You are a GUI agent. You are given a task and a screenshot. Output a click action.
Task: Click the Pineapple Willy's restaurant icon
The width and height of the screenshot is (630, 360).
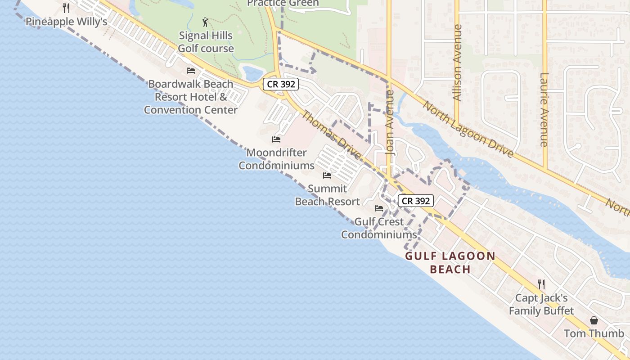tap(66, 8)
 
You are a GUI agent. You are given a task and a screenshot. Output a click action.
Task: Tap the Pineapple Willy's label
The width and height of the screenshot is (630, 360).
tap(66, 22)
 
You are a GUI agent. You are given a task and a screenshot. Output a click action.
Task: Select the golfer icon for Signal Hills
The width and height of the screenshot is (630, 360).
tap(206, 22)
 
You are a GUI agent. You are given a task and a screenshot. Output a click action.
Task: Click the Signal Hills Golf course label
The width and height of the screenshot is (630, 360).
tap(206, 42)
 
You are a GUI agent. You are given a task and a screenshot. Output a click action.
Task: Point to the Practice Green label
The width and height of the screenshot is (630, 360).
tap(283, 3)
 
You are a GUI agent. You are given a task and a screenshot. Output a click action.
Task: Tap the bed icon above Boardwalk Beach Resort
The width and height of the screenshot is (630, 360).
tap(191, 71)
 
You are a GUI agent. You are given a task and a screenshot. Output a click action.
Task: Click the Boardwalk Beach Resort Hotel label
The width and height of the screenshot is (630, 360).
tap(191, 97)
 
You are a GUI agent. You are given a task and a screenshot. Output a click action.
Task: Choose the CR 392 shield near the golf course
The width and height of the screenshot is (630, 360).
tap(281, 84)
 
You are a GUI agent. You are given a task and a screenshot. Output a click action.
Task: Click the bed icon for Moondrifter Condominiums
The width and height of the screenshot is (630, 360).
tap(276, 139)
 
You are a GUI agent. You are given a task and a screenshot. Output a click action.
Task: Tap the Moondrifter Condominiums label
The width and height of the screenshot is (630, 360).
tap(276, 159)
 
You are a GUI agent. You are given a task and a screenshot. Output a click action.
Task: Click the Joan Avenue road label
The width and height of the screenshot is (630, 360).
tap(390, 123)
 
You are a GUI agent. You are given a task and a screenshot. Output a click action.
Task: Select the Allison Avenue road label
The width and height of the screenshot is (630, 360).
tap(457, 63)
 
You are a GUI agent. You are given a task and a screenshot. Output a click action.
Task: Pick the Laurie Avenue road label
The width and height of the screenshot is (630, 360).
tap(544, 110)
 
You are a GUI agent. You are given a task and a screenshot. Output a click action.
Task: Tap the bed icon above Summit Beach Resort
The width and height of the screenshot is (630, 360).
tap(327, 175)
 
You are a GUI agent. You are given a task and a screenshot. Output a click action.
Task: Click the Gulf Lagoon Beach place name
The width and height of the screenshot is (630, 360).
tap(450, 263)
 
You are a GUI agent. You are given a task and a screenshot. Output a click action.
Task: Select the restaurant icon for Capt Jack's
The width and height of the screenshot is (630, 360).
tap(541, 284)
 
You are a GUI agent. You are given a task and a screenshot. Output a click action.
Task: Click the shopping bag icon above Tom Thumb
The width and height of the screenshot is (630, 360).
tap(594, 320)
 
